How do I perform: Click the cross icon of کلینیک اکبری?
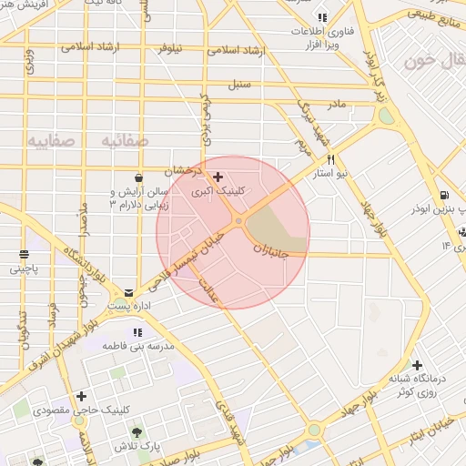click(x=218, y=177)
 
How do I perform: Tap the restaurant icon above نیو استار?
click(x=330, y=159)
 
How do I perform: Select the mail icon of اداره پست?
click(x=128, y=293)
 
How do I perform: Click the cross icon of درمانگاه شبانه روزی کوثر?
click(x=417, y=364)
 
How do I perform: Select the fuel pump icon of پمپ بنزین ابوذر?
click(x=442, y=194)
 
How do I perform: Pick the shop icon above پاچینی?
click(x=24, y=254)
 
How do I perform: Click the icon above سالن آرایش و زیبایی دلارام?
click(x=137, y=177)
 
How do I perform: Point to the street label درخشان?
click(x=182, y=170)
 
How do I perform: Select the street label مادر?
click(x=337, y=105)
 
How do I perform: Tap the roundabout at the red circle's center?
click(x=238, y=221)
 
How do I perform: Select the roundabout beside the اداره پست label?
click(x=121, y=304)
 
